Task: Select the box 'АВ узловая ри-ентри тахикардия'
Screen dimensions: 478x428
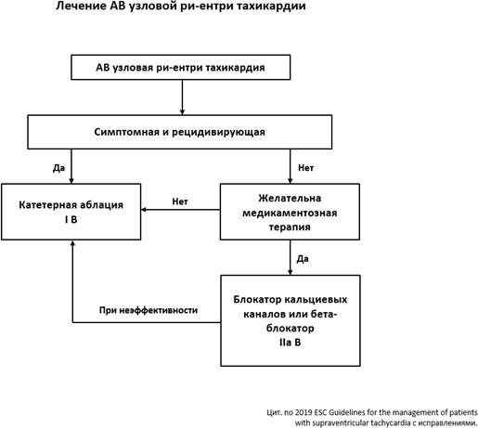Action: point(181,68)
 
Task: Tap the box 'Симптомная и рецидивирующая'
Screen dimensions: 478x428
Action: point(180,132)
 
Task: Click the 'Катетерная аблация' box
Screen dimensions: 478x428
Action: point(71,212)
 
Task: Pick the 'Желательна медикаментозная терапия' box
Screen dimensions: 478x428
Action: point(290,212)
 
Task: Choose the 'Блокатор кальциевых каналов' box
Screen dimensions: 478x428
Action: point(291,320)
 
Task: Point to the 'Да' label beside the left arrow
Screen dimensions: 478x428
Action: point(58,168)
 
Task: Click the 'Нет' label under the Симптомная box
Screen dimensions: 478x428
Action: point(305,168)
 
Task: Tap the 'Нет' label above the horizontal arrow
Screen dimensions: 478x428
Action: point(180,201)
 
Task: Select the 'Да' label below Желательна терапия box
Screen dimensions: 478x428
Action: point(303,259)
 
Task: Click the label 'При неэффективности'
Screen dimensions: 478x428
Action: point(149,310)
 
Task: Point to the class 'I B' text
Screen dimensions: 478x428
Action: point(71,219)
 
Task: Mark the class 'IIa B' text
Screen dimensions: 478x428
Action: point(290,343)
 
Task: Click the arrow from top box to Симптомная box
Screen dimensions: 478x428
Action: point(182,97)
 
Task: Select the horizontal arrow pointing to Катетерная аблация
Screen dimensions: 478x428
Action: point(181,210)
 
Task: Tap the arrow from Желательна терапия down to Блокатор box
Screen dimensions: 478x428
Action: point(291,257)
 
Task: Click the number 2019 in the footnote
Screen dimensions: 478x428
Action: point(304,412)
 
